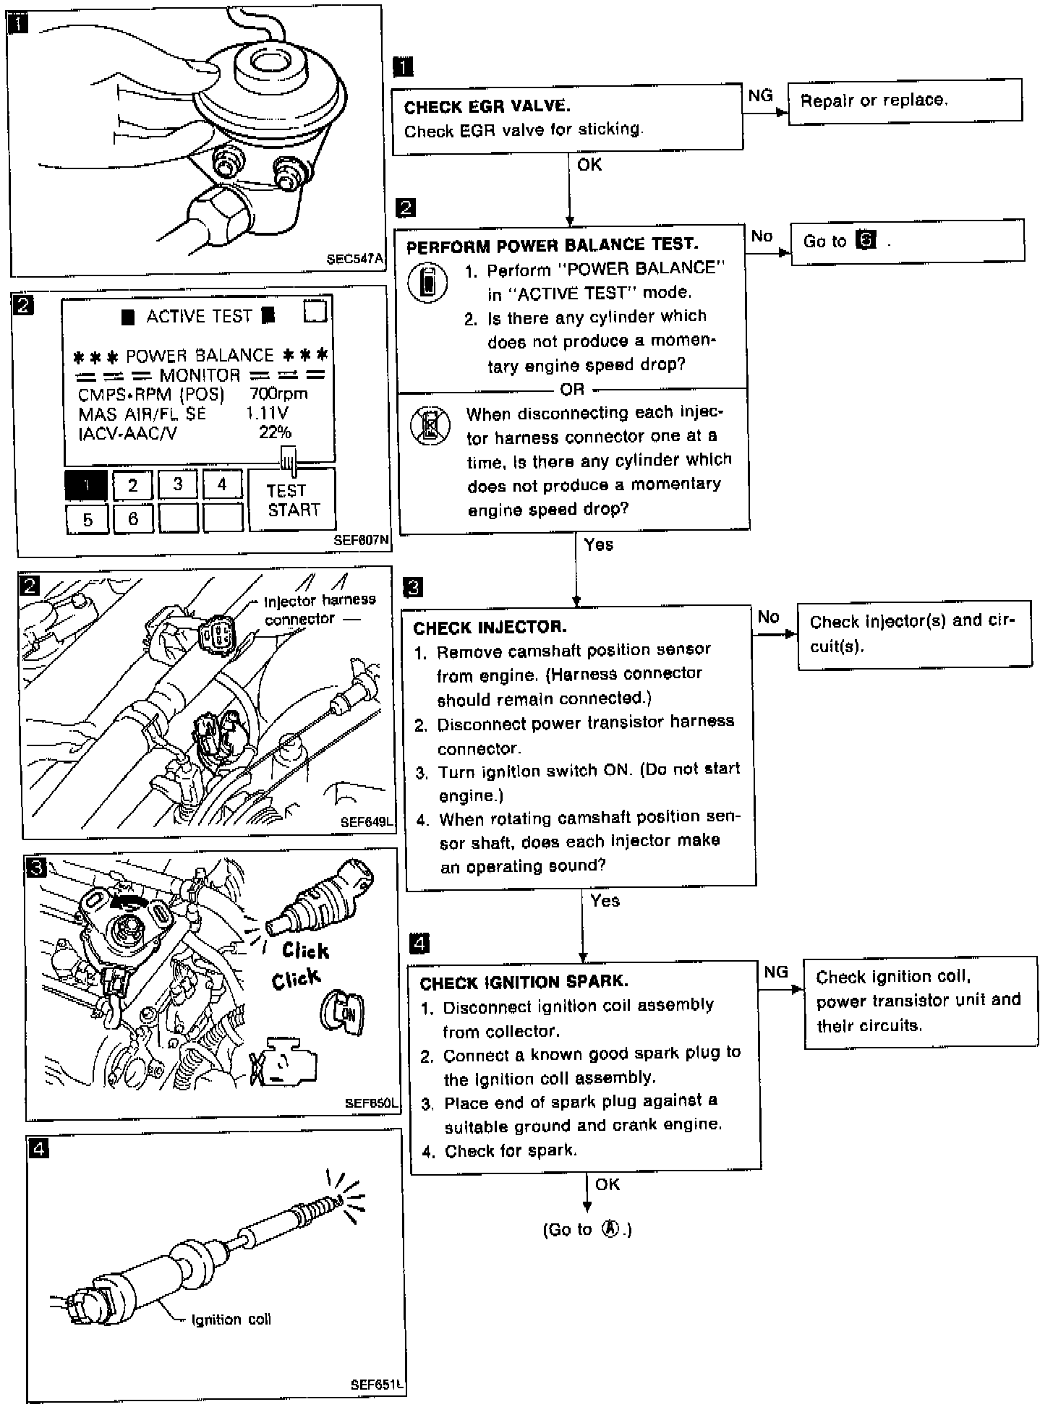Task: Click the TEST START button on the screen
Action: tap(293, 500)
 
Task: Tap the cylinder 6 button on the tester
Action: tap(133, 519)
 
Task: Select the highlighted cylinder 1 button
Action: tap(86, 485)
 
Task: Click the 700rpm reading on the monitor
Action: tap(278, 394)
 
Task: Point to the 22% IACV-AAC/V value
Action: tap(275, 432)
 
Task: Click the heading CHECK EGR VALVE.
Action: tap(487, 107)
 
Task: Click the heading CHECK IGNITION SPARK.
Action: tap(524, 982)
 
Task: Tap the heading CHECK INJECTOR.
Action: tap(490, 627)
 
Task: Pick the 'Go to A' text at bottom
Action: tap(587, 1230)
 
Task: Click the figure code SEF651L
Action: tap(375, 1385)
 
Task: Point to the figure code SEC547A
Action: tap(354, 259)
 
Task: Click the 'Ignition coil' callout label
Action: tap(231, 1320)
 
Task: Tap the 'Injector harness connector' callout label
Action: tap(320, 610)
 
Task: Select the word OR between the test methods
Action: tap(572, 390)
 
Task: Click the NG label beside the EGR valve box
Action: tap(760, 95)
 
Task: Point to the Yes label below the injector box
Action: tap(605, 900)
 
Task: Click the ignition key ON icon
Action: tap(342, 1012)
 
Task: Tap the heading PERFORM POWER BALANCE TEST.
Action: tap(552, 245)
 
